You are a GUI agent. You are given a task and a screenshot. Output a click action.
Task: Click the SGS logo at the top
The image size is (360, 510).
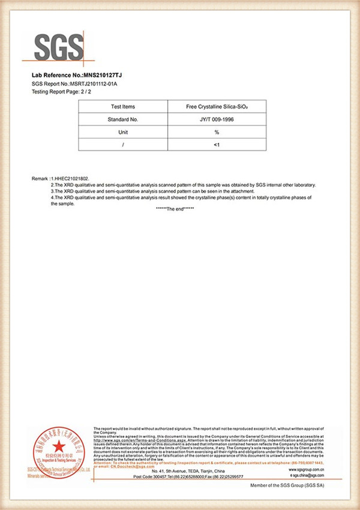[58, 47]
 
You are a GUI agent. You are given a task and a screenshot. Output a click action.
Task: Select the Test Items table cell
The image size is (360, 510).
[123, 106]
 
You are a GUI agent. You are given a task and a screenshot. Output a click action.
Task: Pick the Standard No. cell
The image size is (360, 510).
[123, 119]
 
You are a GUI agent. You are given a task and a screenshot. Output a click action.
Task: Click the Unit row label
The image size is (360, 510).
[123, 132]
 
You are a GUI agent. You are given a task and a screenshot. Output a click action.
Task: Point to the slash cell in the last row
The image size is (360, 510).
[123, 145]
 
